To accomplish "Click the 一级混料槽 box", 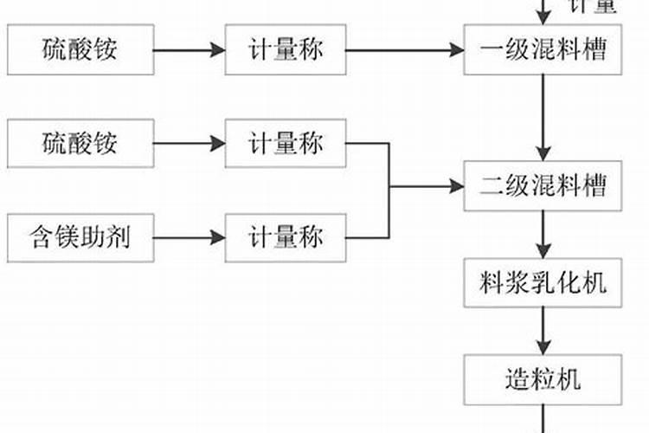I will [543, 48].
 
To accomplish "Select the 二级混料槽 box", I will [543, 185].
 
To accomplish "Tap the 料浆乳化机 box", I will [543, 282].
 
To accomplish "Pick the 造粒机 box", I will [543, 378].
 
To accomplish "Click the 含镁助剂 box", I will [80, 236].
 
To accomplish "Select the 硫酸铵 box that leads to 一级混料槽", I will [80, 48].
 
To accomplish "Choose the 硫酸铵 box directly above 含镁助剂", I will [80, 143].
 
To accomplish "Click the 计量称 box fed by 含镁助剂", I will [286, 236].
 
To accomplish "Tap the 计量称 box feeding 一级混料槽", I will [286, 48].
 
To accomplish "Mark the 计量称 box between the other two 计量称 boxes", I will [286, 143].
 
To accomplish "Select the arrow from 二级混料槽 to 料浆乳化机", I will [543, 234].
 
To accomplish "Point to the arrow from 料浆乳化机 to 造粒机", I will [543, 330].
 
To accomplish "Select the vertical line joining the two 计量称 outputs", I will [389, 190].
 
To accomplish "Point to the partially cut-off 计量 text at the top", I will [593, 7].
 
